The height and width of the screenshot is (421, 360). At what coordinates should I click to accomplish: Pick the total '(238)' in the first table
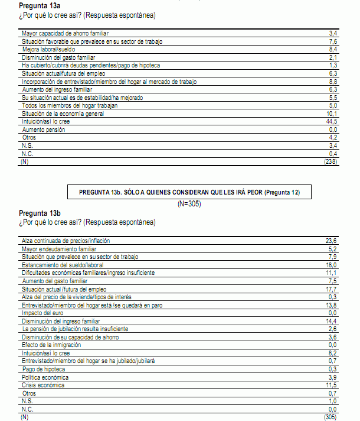(x=330, y=161)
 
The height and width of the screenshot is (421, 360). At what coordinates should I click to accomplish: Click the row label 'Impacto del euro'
(x=42, y=312)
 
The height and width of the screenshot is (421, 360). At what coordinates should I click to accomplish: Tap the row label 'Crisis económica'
(x=45, y=385)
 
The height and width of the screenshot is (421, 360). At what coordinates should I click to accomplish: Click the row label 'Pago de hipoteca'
(x=44, y=369)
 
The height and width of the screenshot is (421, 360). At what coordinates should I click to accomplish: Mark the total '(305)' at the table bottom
(x=330, y=417)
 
